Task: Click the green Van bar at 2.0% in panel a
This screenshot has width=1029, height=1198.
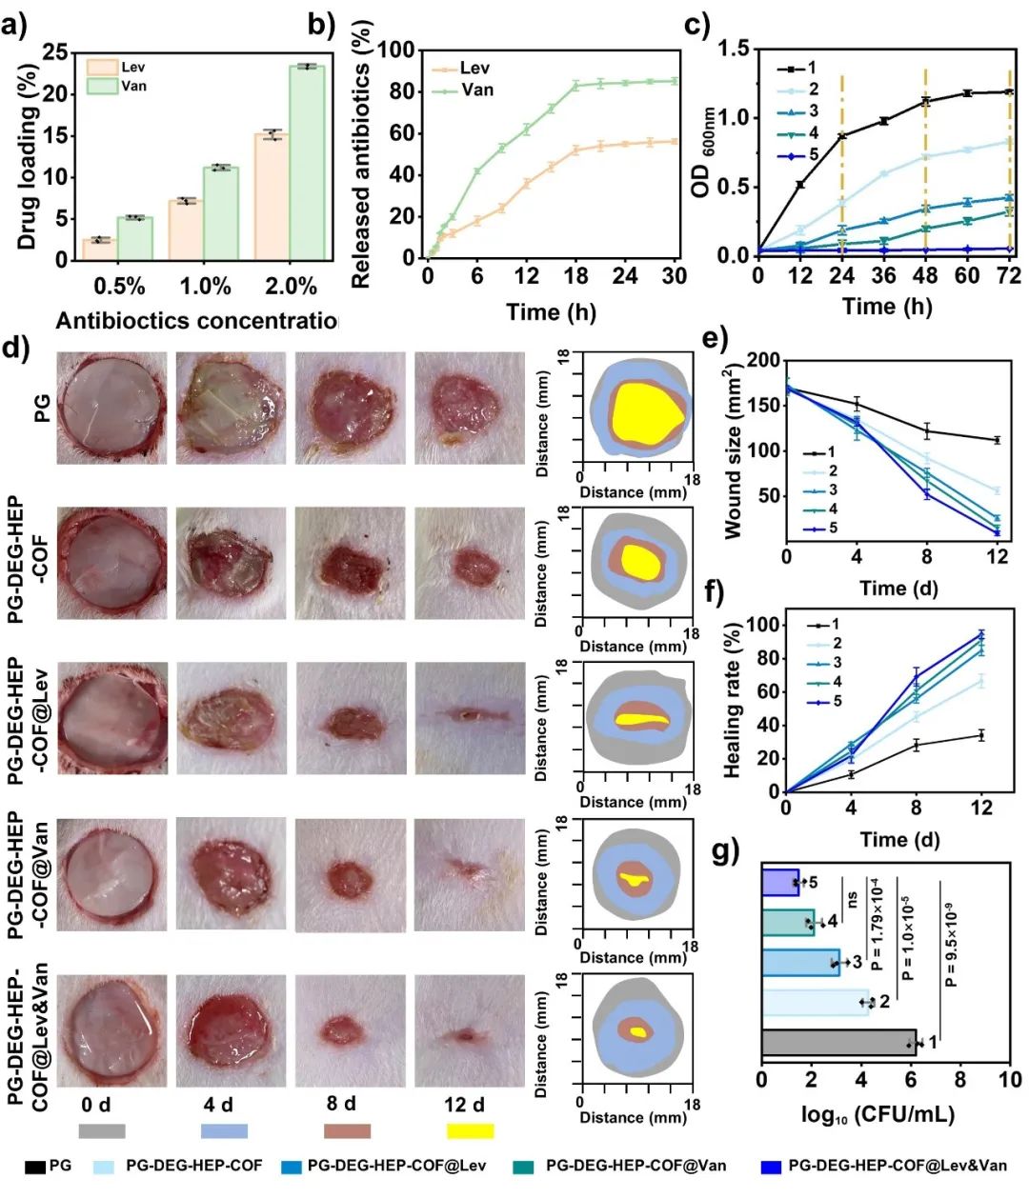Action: (307, 162)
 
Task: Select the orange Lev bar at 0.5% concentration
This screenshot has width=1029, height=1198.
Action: (100, 249)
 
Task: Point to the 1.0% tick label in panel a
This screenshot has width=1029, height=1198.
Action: (206, 286)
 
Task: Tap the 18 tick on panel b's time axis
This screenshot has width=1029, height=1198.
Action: (575, 276)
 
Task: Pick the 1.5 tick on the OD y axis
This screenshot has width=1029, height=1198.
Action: (733, 49)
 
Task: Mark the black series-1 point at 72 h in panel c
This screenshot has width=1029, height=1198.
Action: (1009, 91)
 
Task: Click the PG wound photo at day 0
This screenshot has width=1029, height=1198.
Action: (111, 408)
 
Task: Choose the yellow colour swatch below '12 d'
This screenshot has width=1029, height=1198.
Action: (470, 1130)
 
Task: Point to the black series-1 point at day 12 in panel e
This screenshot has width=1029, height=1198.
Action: (997, 440)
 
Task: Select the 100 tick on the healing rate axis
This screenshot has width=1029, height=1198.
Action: (762, 625)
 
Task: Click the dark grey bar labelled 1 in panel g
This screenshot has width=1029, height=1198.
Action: (838, 1043)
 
